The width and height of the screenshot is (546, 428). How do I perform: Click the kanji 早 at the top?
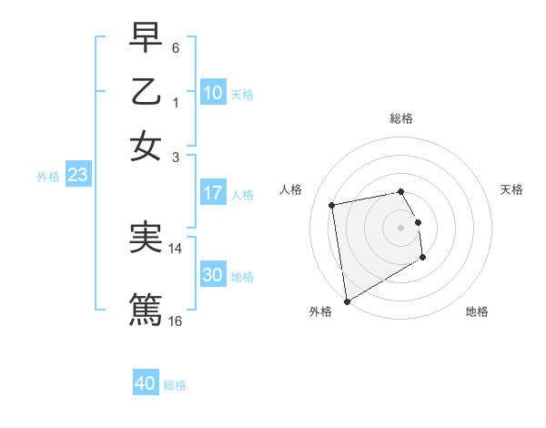tap(146, 38)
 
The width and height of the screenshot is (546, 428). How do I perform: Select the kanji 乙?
tap(146, 92)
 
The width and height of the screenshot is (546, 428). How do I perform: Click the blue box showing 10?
tap(213, 93)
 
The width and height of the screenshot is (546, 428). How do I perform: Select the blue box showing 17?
tap(213, 193)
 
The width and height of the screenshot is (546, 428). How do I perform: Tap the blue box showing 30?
tap(213, 275)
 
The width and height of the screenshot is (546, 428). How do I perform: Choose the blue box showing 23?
tap(77, 176)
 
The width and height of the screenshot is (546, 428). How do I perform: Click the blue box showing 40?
tap(146, 383)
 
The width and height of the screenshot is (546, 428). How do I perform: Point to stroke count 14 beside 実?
tap(176, 248)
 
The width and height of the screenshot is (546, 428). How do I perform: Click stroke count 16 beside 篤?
tap(176, 321)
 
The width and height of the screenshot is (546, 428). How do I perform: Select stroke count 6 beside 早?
tap(176, 46)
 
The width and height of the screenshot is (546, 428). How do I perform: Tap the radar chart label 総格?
tap(401, 118)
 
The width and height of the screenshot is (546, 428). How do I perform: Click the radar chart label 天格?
tap(511, 189)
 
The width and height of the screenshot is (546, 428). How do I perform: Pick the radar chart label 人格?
tap(291, 189)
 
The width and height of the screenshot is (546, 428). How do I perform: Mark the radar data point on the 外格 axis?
tap(347, 301)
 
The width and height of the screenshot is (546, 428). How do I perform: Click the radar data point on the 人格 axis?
tap(332, 205)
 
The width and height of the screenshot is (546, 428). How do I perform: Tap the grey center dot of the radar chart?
tap(401, 227)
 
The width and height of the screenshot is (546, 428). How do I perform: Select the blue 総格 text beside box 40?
tap(175, 385)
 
